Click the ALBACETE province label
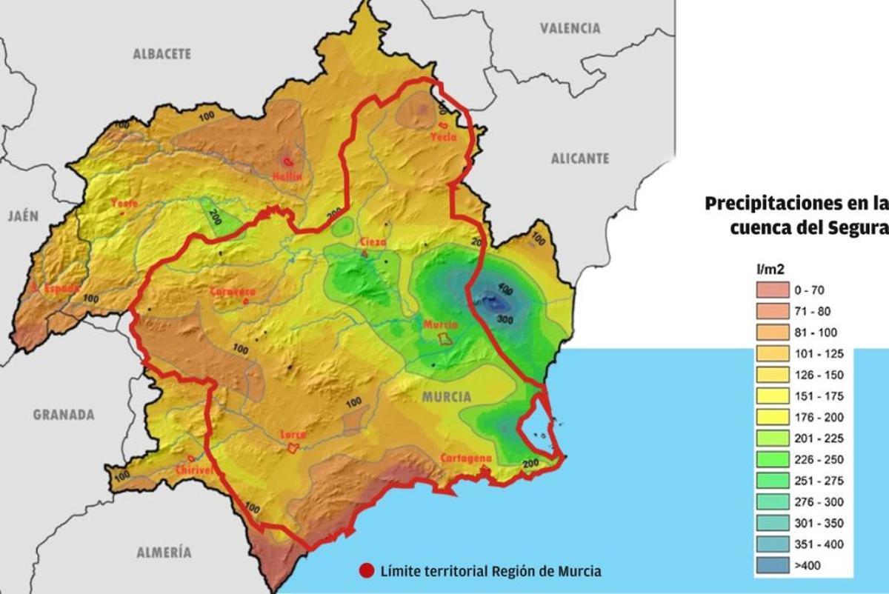tap(162, 54)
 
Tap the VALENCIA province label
tap(570, 28)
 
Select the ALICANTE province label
tap(580, 158)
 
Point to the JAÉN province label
tap(23, 216)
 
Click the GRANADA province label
tap(64, 415)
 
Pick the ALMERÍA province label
tap(164, 552)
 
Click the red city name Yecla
tap(444, 137)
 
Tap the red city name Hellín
tap(287, 176)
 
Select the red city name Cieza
tap(373, 242)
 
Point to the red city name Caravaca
tap(233, 291)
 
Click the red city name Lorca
tap(293, 436)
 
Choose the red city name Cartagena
tap(466, 458)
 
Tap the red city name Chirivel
tap(195, 470)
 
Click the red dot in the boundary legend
tap(367, 571)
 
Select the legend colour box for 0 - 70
tap(773, 290)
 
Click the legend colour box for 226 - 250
tap(773, 460)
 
